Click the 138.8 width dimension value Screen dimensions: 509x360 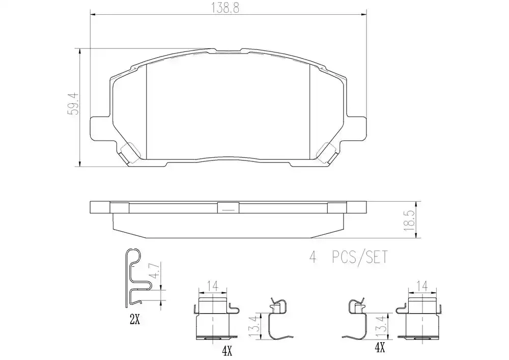[225, 8]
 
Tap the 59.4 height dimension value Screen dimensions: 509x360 [73, 103]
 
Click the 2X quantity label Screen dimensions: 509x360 [135, 320]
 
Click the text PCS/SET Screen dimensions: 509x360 [360, 258]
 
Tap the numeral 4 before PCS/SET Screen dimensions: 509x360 [313, 258]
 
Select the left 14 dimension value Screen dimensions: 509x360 [213, 286]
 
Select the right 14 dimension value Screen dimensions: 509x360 [422, 286]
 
